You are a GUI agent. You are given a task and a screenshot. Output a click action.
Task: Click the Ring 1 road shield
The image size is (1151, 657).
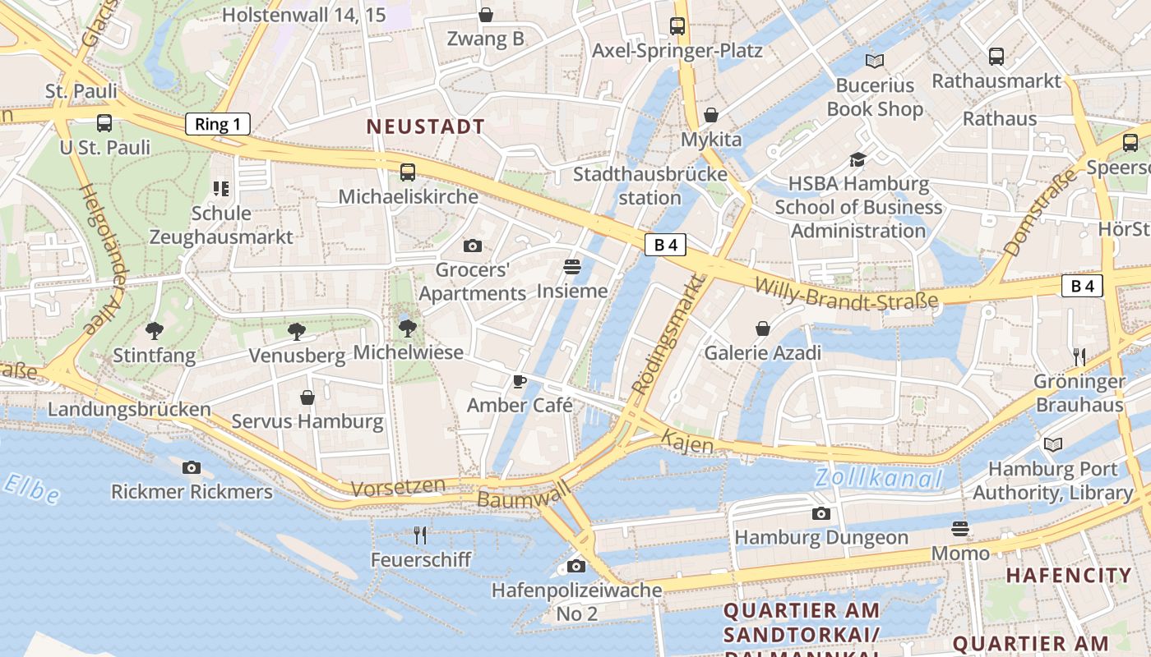point(218,125)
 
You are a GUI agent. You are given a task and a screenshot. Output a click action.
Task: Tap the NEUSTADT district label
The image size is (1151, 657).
point(425,127)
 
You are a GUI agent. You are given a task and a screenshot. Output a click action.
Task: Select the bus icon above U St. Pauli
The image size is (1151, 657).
point(104,123)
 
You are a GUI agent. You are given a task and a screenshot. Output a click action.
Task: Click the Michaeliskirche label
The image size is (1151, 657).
point(408,197)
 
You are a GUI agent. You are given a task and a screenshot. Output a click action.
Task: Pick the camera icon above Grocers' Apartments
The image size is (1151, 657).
point(473,246)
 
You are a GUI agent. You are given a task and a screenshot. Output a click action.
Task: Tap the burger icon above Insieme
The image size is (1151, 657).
point(572,267)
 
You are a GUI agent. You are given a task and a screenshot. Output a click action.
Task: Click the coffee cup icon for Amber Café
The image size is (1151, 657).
point(519,381)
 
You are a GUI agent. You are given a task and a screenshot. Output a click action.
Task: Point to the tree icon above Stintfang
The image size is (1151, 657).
point(154,331)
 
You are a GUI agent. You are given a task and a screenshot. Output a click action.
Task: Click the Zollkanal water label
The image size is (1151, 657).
point(878,479)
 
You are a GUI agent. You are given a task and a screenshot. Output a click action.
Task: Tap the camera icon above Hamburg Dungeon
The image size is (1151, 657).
point(820,514)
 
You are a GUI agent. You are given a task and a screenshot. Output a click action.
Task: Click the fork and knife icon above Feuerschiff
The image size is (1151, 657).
point(420,535)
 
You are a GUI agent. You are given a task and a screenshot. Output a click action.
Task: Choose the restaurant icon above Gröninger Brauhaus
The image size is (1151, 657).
point(1079,356)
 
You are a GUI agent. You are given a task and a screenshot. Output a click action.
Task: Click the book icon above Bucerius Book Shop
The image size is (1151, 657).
point(875,61)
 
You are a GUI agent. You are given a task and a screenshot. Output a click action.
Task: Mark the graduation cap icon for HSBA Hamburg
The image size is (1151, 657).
point(858,159)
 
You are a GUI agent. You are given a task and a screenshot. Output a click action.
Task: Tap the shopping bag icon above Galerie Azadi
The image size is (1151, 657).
point(763,328)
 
